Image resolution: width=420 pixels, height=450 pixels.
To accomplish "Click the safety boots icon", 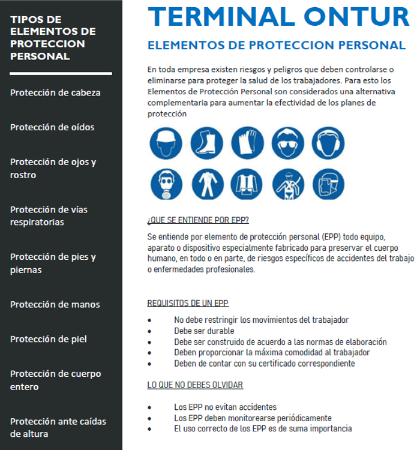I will [x=206, y=143].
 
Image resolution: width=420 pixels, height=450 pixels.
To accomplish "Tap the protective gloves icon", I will [x=247, y=143].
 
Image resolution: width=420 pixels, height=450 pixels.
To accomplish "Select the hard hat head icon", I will [x=166, y=143].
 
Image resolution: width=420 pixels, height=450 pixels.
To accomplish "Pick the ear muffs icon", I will [x=328, y=143].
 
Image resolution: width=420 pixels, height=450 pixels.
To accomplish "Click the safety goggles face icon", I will [x=287, y=143].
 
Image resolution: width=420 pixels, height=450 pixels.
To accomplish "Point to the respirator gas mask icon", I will [x=166, y=184].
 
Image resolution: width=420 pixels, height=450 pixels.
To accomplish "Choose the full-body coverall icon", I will [x=206, y=184].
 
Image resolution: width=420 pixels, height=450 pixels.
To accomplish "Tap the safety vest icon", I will [x=247, y=184].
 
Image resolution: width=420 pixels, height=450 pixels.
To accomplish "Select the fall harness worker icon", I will [x=287, y=184].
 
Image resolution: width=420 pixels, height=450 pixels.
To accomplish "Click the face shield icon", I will [x=328, y=184].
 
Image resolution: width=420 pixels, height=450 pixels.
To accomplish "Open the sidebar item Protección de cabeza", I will [x=55, y=92].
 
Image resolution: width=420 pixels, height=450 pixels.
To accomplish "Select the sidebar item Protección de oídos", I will [x=52, y=127].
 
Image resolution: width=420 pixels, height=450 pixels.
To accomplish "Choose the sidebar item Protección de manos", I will [x=55, y=304].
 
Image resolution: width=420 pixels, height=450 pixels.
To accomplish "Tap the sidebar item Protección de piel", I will [x=49, y=339].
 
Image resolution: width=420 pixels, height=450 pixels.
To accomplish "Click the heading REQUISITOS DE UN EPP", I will [x=188, y=304].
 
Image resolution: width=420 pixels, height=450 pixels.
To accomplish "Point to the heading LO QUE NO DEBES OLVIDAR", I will [x=195, y=385].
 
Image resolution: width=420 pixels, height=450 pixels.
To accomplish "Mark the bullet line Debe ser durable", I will [x=204, y=331].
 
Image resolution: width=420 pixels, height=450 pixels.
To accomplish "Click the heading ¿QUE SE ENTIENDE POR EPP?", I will [x=198, y=220].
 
